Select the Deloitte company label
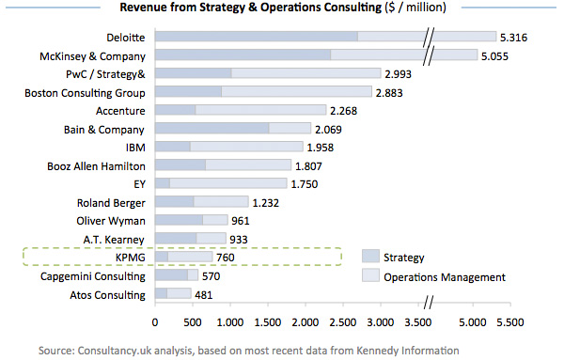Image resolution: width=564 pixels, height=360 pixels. [125, 37]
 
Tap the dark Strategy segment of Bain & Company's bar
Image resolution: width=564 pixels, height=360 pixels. [211, 129]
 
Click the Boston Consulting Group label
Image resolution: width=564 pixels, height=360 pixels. [86, 92]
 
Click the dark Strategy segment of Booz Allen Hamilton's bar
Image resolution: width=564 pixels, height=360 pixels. [180, 165]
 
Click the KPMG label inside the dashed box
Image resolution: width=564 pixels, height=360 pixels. [130, 258]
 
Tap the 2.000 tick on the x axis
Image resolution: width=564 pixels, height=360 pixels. [305, 321]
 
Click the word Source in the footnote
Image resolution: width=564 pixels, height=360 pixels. [60, 350]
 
